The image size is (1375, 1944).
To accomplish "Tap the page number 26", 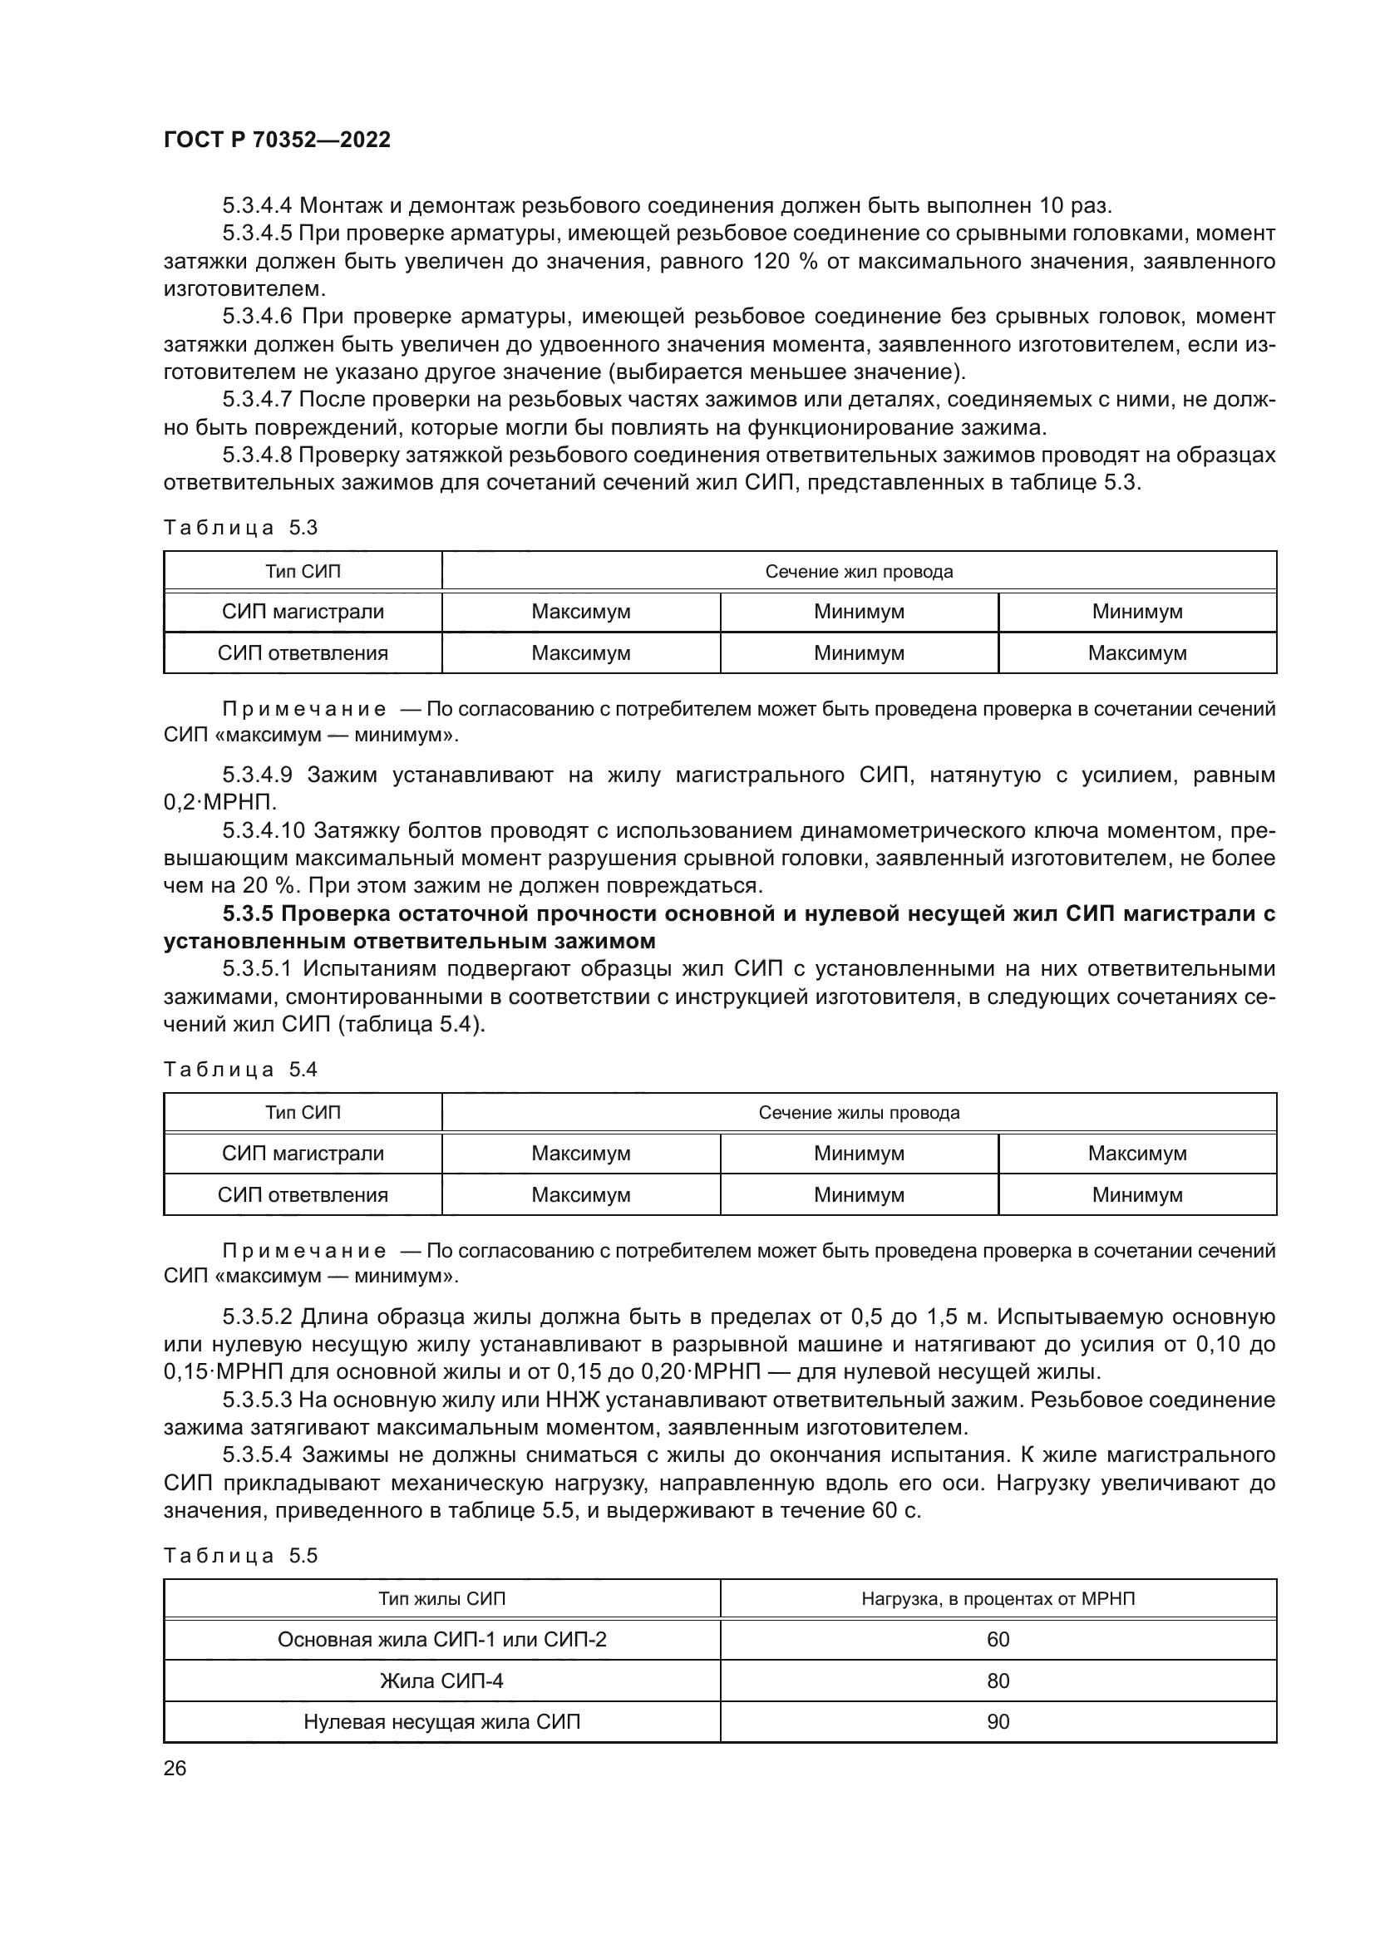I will pos(175,1768).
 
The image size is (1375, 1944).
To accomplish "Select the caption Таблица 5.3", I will pos(240,529).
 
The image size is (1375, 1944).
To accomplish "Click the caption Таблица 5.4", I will pos(240,1070).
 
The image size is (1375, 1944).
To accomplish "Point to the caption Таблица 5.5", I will pos(240,1556).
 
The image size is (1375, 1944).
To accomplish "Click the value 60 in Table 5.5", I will pos(998,1640).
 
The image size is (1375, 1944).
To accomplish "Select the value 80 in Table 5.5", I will pos(998,1681).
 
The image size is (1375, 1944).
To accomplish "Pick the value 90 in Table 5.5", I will pos(998,1721).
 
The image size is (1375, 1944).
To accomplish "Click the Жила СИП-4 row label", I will pos(441,1681).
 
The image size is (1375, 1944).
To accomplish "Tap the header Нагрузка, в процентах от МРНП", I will pos(998,1599).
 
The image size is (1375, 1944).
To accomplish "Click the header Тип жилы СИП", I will pos(441,1599).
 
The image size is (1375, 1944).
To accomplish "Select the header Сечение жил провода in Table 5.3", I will pos(859,572).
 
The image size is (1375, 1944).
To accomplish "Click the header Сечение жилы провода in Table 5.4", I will pos(859,1114).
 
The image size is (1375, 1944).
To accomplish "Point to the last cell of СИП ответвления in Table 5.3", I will pos(1136,653).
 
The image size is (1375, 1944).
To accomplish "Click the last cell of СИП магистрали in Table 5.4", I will pos(1136,1154).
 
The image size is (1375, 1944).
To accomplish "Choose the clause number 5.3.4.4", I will pos(258,206).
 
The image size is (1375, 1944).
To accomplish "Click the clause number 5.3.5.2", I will pos(258,1317).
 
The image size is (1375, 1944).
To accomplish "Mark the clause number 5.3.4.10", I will pos(264,831).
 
